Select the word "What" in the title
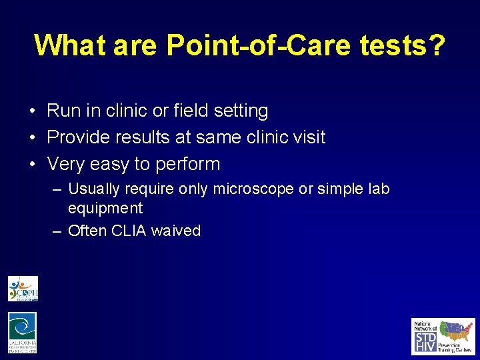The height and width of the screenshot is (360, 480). (x=71, y=45)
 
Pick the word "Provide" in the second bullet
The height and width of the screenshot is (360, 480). (x=77, y=137)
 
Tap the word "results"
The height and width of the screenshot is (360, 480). (x=141, y=137)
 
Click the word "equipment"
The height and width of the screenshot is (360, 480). (x=105, y=209)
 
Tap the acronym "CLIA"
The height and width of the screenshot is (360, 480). (x=130, y=231)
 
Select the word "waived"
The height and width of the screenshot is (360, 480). (x=176, y=231)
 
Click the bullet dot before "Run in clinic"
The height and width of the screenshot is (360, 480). (x=32, y=111)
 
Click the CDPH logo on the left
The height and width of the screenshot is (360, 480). (x=23, y=289)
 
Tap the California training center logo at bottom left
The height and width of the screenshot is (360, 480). (x=23, y=333)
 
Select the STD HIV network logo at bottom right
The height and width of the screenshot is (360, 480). (x=443, y=336)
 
